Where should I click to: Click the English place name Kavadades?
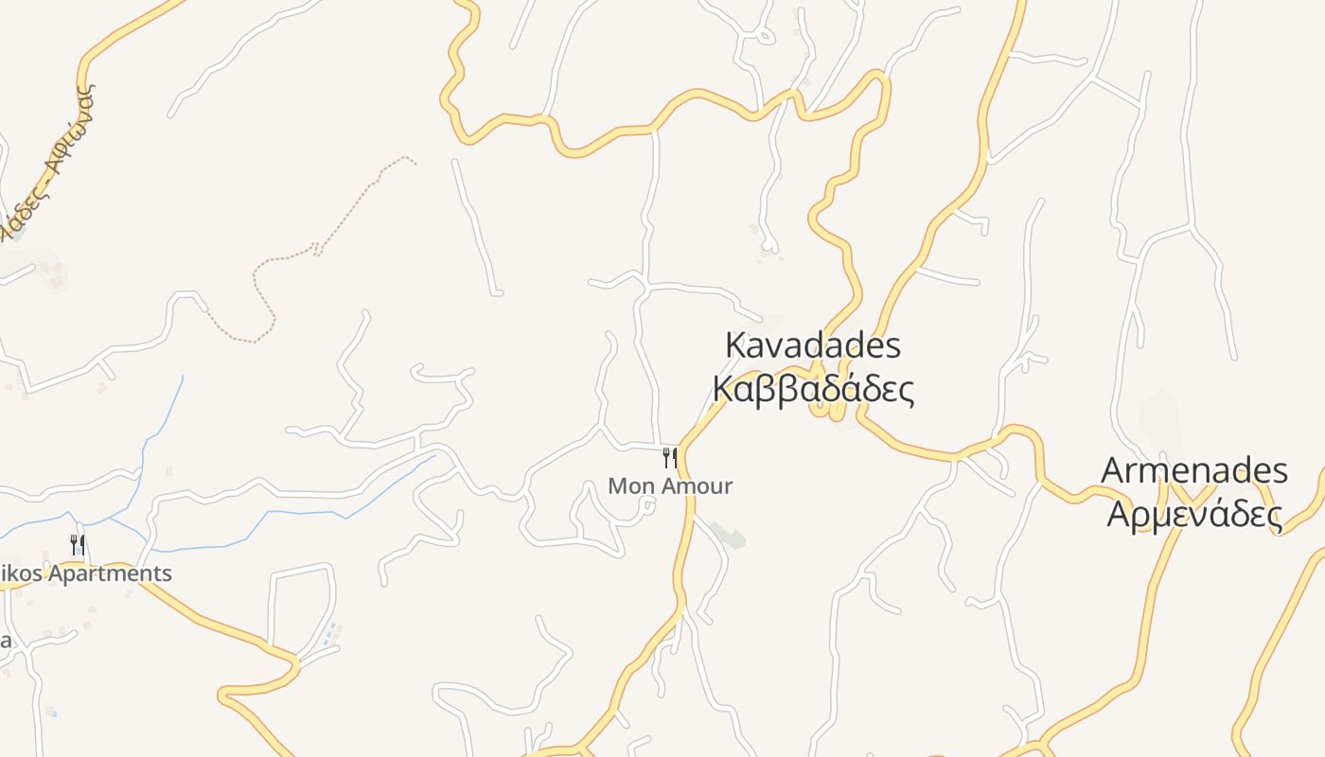coord(813,345)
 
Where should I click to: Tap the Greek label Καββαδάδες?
coord(813,388)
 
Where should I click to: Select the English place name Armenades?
coord(1194,470)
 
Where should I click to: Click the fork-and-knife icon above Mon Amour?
coord(669,458)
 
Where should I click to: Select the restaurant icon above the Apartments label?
coord(78,544)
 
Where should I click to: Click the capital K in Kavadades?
coord(735,345)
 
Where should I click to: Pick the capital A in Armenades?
coord(1113,470)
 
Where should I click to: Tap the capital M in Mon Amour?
coord(618,486)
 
